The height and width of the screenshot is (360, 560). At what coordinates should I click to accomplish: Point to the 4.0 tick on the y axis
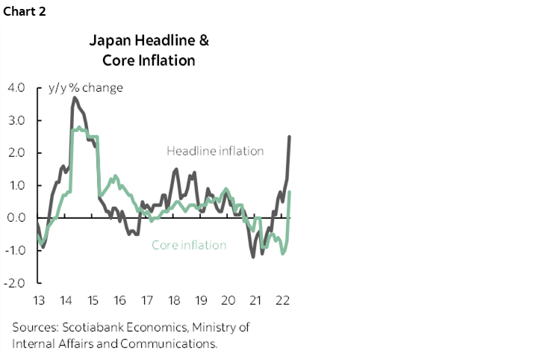(16, 87)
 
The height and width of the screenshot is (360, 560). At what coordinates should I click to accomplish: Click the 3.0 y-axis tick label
(16, 120)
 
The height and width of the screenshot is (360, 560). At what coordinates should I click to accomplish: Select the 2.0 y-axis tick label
(16, 152)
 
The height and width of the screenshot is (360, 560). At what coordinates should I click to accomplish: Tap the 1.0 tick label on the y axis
(16, 185)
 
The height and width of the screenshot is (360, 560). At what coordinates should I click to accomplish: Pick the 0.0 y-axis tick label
(16, 218)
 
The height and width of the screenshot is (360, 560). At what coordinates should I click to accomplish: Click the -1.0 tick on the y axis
(15, 250)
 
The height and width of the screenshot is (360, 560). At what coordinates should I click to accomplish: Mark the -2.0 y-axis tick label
(15, 283)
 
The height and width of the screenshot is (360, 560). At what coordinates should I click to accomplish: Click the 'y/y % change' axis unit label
(86, 87)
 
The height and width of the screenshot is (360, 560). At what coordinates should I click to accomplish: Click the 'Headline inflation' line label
(215, 151)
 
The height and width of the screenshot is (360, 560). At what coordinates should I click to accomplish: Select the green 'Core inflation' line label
(189, 245)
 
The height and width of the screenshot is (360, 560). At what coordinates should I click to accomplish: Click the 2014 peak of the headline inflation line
(75, 97)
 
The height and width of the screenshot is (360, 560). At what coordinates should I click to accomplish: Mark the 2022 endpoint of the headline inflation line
(290, 137)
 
